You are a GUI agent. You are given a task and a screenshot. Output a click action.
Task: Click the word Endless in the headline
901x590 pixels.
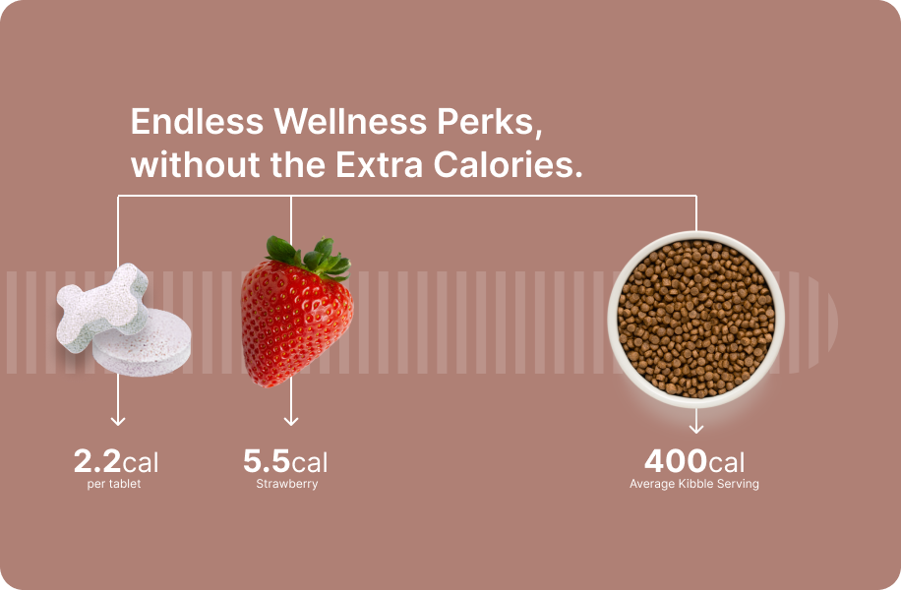[x=197, y=122]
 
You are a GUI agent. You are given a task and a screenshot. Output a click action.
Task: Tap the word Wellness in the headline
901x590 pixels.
[x=350, y=122]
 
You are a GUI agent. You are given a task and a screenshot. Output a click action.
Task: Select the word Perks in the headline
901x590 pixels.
[x=489, y=122]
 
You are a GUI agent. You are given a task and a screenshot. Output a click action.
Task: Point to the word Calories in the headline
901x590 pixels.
[x=508, y=165]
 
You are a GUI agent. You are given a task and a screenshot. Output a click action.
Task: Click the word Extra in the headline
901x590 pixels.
[x=380, y=165]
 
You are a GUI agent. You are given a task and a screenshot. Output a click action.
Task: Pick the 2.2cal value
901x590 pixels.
[x=116, y=461]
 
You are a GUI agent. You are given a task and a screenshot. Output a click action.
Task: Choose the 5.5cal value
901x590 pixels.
[x=285, y=461]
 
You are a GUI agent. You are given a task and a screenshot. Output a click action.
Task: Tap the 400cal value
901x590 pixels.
[x=694, y=461]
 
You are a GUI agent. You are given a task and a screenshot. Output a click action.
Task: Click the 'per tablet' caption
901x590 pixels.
[x=114, y=485]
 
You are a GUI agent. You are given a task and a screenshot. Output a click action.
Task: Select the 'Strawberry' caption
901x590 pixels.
[x=287, y=485]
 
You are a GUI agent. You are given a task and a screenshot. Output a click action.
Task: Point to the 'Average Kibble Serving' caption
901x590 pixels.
[x=694, y=485]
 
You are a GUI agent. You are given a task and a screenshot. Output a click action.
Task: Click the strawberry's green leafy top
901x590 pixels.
[x=310, y=257]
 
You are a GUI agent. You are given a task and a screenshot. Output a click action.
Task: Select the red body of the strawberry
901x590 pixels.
[x=293, y=324]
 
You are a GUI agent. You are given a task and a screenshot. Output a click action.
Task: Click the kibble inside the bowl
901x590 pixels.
[x=695, y=319]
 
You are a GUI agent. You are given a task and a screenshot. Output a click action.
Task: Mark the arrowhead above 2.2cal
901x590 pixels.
[x=118, y=421]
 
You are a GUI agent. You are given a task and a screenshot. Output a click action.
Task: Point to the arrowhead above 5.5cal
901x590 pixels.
[x=291, y=421]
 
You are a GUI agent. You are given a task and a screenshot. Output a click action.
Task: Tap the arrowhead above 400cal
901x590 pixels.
[x=696, y=429]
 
